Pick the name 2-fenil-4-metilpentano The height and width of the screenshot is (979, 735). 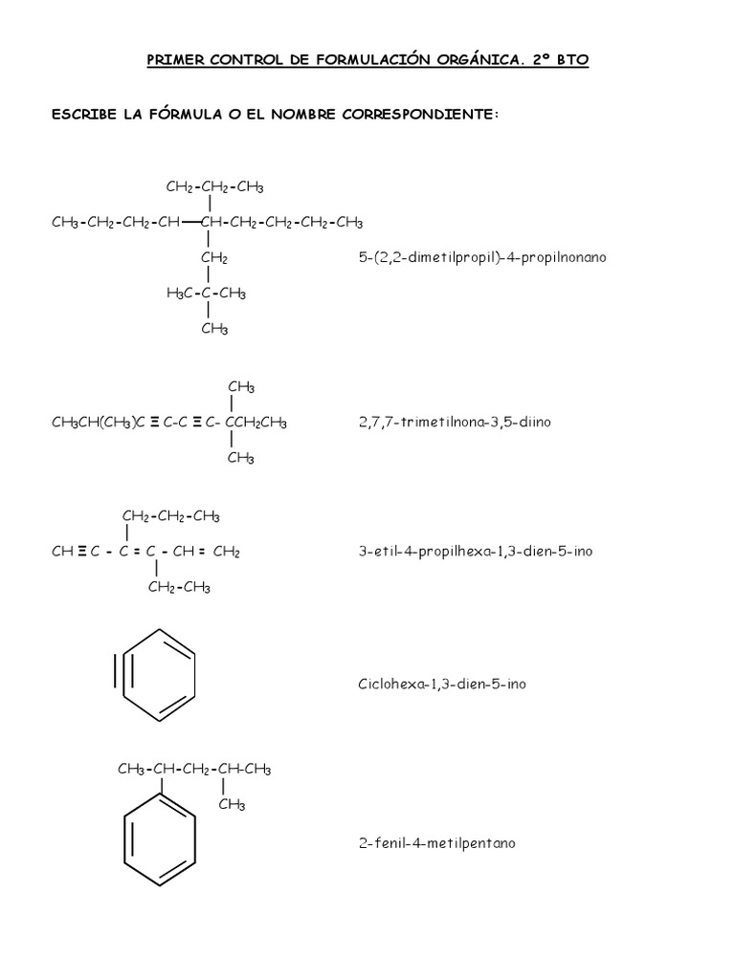click(435, 843)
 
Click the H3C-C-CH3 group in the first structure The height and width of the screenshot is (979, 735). click(206, 294)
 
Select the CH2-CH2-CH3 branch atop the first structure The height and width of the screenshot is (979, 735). click(214, 185)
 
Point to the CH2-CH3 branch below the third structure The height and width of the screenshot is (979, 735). click(179, 587)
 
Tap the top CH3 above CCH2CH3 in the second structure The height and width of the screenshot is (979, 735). click(241, 386)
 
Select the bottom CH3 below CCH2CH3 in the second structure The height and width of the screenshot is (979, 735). click(241, 458)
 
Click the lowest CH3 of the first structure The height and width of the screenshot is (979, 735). click(214, 329)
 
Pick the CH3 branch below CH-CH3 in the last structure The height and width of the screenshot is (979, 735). click(232, 805)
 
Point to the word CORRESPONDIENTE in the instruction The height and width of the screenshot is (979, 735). click(424, 114)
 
